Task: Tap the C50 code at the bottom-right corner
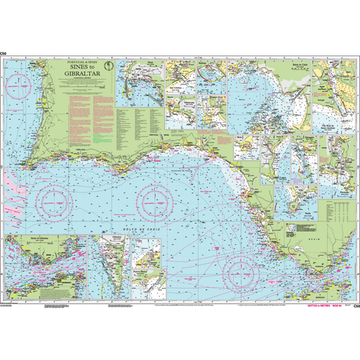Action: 355,304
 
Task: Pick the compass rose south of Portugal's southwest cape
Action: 54,203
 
